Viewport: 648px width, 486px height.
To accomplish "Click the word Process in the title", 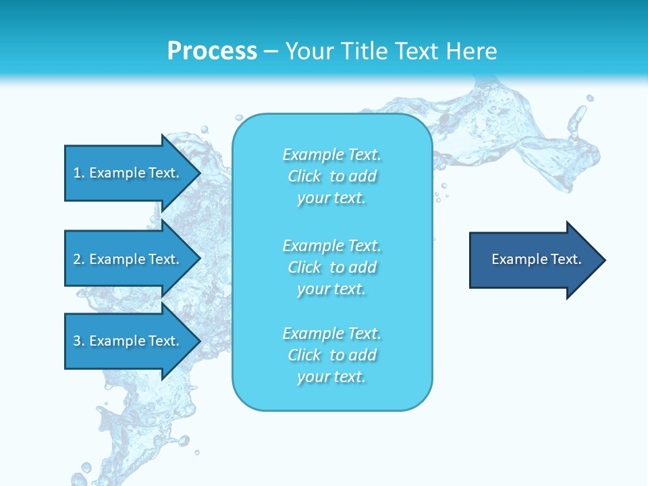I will click(212, 51).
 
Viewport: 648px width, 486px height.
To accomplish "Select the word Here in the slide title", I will click(470, 51).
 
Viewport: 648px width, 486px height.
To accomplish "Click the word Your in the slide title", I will click(309, 51).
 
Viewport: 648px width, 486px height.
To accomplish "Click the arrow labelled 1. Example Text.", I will click(128, 173).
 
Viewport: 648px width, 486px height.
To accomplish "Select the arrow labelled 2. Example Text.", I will click(128, 259).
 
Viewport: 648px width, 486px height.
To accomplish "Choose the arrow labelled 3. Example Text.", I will click(128, 341).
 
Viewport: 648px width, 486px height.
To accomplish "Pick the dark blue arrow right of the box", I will click(533, 259).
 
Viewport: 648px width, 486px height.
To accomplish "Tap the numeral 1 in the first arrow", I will click(76, 173).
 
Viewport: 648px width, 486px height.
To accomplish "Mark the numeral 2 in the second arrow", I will click(76, 259).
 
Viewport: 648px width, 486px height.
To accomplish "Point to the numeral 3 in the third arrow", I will click(76, 341).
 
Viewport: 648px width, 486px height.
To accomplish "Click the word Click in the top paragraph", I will click(304, 177).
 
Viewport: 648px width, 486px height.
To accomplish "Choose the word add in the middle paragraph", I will click(363, 268).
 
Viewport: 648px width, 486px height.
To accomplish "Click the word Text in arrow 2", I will click(163, 259).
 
